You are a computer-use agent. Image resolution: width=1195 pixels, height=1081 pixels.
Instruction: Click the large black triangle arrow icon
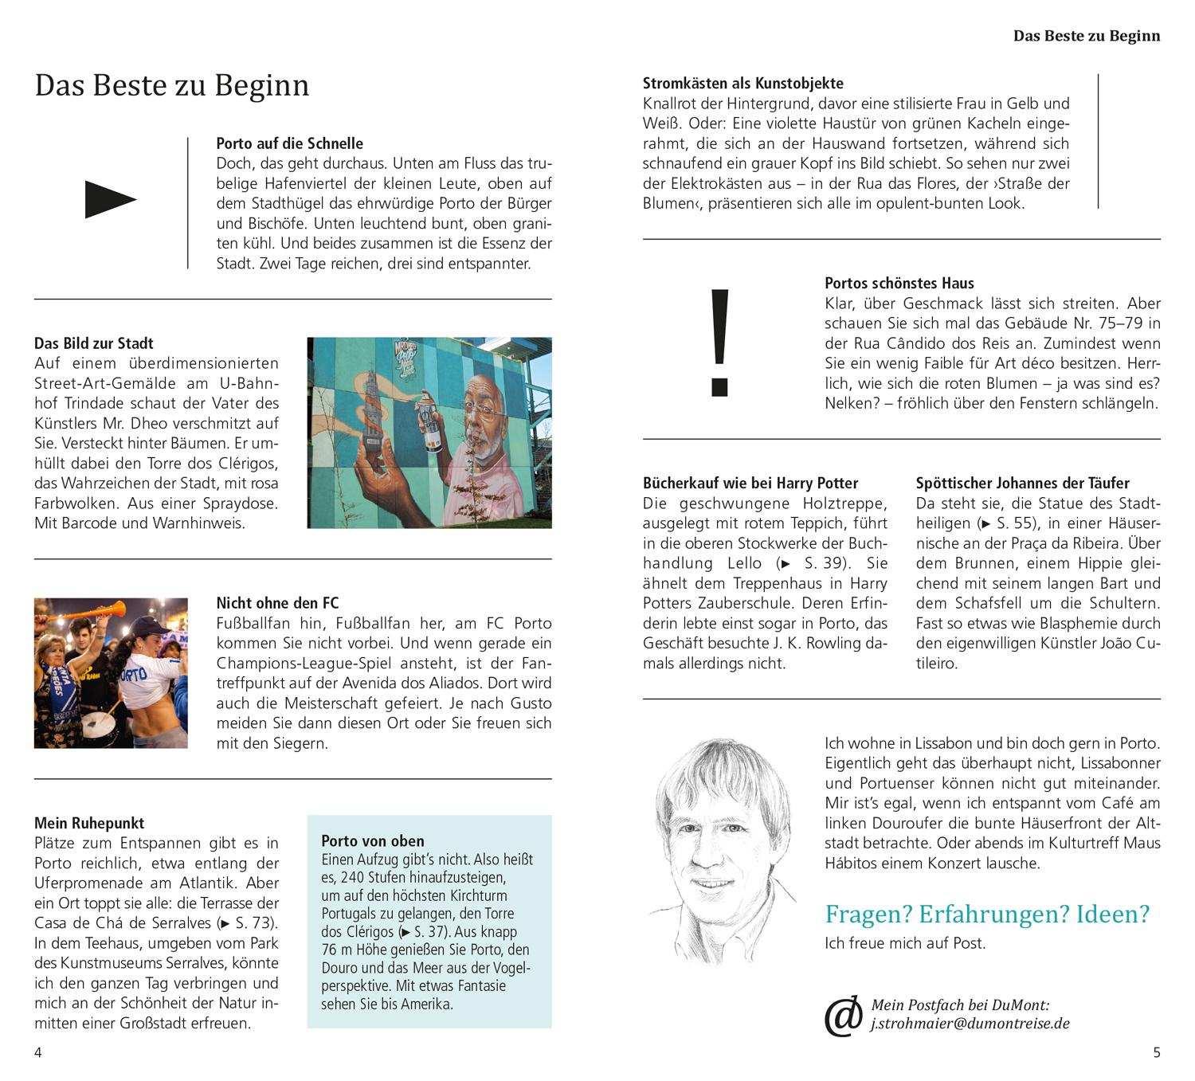pyautogui.click(x=110, y=199)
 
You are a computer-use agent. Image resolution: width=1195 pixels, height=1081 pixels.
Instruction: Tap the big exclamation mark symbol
pyautogui.click(x=719, y=343)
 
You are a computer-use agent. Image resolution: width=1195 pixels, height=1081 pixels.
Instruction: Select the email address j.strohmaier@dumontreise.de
pyautogui.click(x=970, y=1024)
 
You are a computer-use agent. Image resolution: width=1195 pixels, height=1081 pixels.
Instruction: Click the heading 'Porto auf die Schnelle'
pyautogui.click(x=289, y=143)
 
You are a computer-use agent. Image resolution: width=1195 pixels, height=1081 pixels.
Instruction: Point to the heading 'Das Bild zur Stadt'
pyautogui.click(x=94, y=343)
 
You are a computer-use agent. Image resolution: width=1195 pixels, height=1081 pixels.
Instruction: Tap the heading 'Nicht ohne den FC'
pyautogui.click(x=277, y=603)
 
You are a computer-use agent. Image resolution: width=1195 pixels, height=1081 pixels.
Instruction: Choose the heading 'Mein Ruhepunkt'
pyautogui.click(x=89, y=823)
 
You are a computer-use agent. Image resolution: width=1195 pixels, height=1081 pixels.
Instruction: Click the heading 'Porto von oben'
pyautogui.click(x=372, y=840)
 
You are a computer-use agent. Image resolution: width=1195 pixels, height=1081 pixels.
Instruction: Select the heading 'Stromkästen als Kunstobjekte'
pyautogui.click(x=742, y=83)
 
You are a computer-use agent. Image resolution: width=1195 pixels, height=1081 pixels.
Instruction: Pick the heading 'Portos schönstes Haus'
pyautogui.click(x=899, y=283)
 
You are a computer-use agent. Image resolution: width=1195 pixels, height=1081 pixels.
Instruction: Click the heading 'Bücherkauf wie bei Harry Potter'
pyautogui.click(x=750, y=483)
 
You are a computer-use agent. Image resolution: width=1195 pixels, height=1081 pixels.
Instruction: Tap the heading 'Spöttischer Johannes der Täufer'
pyautogui.click(x=1022, y=483)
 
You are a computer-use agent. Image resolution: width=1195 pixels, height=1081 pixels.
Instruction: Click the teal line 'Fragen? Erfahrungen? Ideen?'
pyautogui.click(x=987, y=914)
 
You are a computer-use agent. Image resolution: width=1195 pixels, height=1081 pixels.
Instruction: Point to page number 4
pyautogui.click(x=38, y=1052)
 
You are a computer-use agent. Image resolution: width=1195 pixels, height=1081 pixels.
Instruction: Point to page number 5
pyautogui.click(x=1157, y=1052)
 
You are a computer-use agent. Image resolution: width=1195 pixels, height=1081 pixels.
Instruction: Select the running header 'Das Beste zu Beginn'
pyautogui.click(x=1086, y=36)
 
